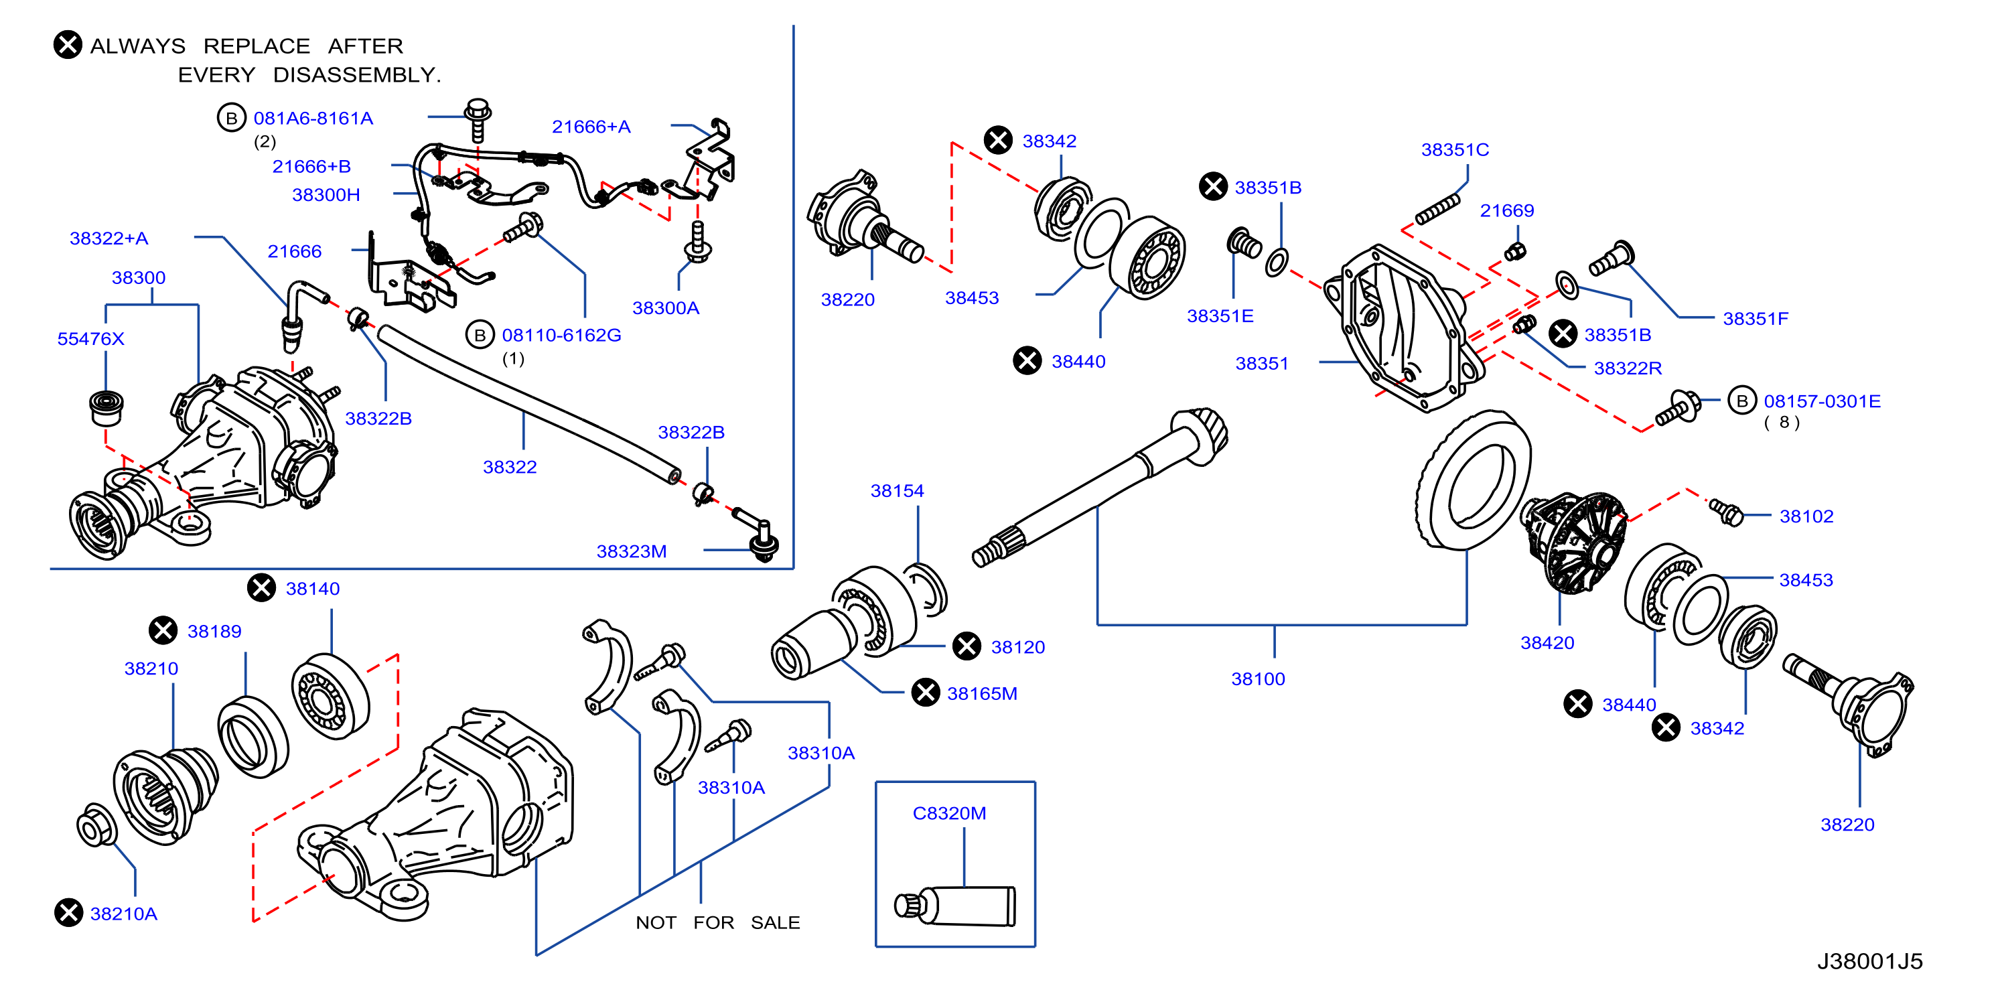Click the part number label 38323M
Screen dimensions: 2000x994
631,551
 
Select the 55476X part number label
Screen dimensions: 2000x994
91,338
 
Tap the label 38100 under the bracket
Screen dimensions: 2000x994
1258,679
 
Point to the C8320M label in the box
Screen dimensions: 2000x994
948,813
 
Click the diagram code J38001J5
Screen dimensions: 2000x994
1869,961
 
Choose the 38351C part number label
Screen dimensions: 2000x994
1455,150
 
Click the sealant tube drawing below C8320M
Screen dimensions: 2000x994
955,906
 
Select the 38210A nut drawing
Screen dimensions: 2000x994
97,825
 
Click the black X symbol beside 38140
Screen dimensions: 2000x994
262,588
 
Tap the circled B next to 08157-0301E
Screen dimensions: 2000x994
1742,401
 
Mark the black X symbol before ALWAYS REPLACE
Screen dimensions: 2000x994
68,45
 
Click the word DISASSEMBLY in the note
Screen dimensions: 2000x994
356,75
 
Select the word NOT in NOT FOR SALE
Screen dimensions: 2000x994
656,922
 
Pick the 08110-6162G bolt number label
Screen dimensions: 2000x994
561,336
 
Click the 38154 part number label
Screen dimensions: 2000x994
897,491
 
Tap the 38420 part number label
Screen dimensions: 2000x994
1547,643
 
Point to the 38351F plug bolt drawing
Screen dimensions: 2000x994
1612,259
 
